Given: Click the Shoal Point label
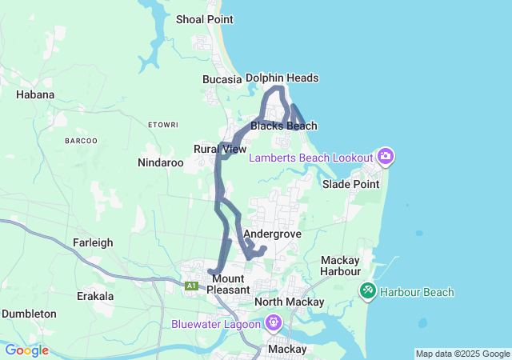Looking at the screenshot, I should (204, 18).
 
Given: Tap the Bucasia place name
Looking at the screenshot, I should (222, 79).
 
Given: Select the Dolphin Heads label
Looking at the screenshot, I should (282, 78).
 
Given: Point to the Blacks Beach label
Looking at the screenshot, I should (284, 126).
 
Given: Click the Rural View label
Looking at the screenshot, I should (220, 149).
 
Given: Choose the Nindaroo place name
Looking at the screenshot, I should (161, 162).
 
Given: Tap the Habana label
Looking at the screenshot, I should (35, 94).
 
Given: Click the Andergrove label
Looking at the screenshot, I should (272, 234).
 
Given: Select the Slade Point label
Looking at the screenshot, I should (350, 184).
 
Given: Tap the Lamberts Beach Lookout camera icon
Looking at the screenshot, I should (386, 155).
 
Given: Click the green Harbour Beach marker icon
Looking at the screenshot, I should (368, 290).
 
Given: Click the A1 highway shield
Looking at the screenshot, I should (191, 286).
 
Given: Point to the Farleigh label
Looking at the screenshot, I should (94, 242).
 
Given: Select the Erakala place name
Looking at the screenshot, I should (94, 296).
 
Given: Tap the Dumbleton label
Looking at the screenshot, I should (29, 314).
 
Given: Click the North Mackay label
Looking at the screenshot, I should (290, 302).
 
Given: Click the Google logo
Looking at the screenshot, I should (26, 350).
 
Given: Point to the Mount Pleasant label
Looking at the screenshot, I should (228, 283).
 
